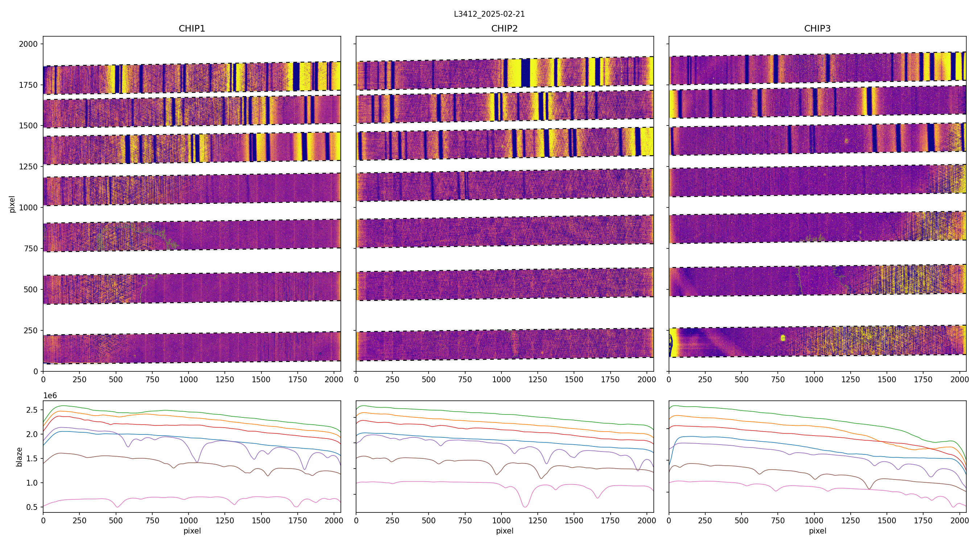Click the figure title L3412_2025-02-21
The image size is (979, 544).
tap(489, 14)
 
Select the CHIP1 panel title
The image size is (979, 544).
tap(192, 29)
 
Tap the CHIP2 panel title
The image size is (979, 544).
tap(504, 29)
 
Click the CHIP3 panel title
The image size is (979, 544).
tap(817, 29)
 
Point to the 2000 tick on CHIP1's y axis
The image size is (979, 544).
tap(29, 44)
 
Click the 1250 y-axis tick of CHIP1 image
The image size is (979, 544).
tap(29, 166)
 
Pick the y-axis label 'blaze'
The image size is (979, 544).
tap(19, 457)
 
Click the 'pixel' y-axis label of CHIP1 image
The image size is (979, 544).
tap(12, 204)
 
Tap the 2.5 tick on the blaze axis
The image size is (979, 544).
tap(32, 410)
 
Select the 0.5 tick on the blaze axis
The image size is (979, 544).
tap(32, 507)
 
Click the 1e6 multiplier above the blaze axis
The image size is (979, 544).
tap(50, 396)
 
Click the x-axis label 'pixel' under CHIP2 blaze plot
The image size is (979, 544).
tap(504, 531)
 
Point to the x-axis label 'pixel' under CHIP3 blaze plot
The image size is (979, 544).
tap(817, 531)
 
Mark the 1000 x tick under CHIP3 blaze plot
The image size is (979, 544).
tap(814, 520)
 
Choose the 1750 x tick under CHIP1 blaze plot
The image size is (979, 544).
tap(298, 520)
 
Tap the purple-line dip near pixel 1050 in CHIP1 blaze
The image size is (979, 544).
tap(197, 462)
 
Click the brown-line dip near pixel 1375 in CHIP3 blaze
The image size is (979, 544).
tap(869, 489)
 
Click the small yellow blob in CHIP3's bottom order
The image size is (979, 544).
tap(782, 338)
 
